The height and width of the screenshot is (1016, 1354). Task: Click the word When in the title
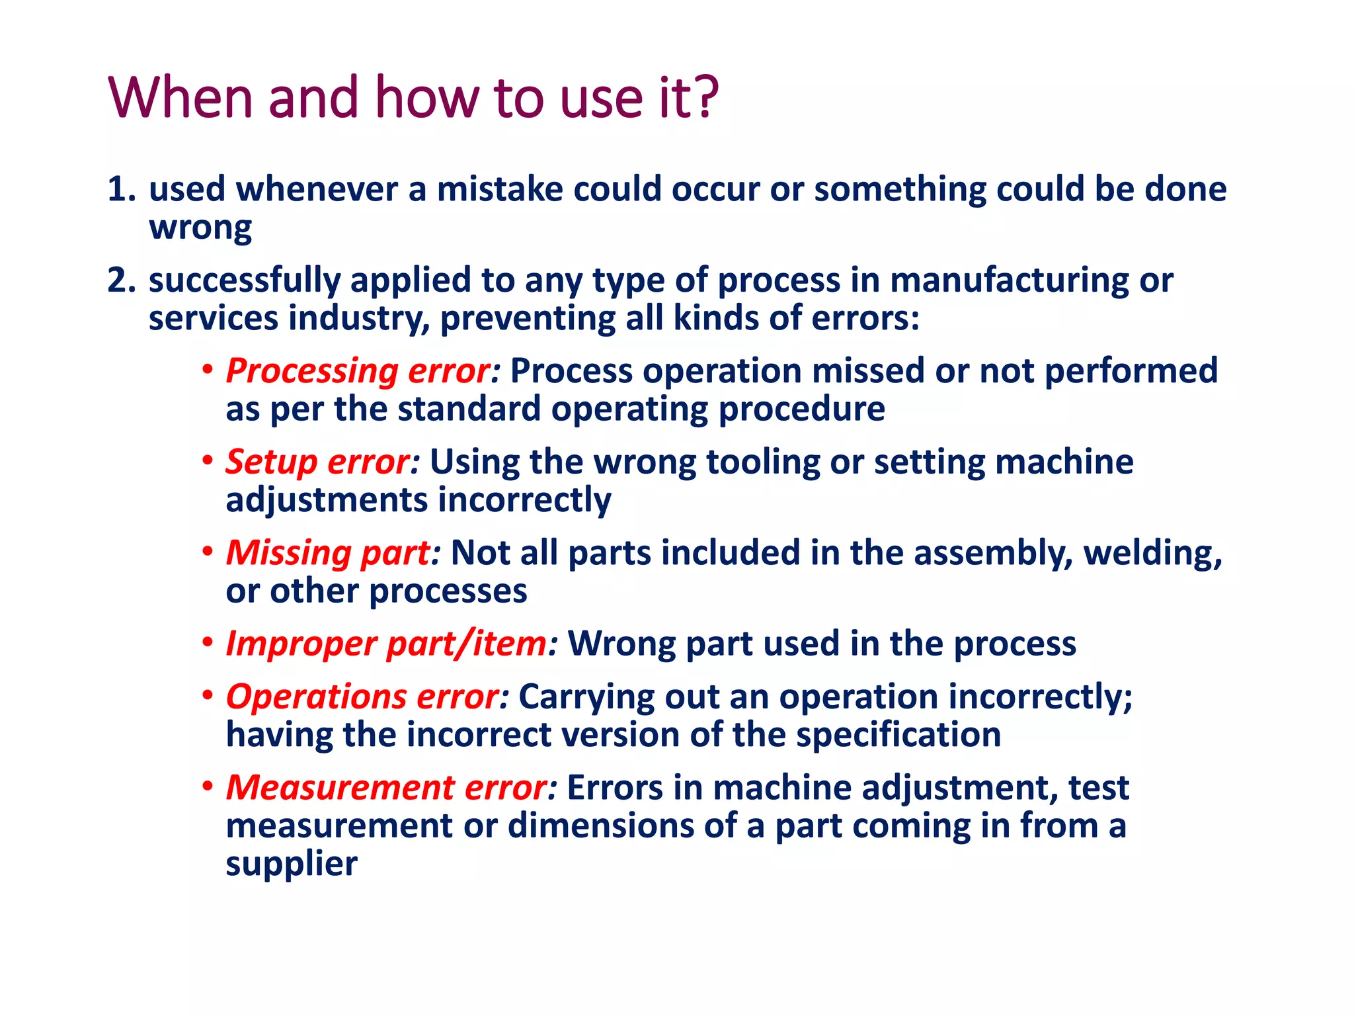click(x=180, y=98)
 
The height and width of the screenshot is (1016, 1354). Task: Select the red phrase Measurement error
click(x=391, y=788)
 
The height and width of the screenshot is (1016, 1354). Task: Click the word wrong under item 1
click(x=200, y=228)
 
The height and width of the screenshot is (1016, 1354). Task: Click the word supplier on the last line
click(x=291, y=865)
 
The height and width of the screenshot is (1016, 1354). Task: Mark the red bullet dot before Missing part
click(x=208, y=551)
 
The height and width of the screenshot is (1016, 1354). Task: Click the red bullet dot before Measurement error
click(x=208, y=786)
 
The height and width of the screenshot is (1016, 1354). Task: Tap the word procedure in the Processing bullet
click(x=801, y=409)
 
